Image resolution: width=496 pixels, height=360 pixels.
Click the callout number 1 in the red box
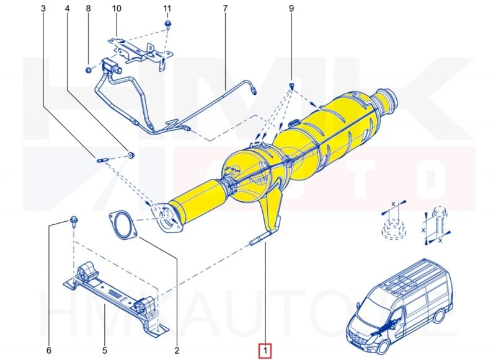coord(265,351)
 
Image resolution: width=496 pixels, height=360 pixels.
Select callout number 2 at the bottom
coord(177,351)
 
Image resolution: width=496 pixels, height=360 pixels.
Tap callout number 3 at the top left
coord(43,8)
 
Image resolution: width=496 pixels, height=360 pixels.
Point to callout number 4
coord(66,8)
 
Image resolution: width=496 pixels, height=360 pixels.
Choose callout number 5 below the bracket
coord(105,351)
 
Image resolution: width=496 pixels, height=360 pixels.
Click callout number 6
coord(48,351)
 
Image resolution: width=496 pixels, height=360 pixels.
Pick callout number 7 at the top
coord(225,8)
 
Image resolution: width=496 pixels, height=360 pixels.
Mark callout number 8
coord(88,8)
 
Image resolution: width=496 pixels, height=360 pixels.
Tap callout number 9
coord(291,8)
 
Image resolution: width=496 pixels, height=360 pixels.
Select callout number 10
coord(117,8)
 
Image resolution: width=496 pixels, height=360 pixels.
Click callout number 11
coord(167,8)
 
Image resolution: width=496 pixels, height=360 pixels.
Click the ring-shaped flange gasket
coord(123,224)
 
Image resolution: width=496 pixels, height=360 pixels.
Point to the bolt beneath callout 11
coord(168,24)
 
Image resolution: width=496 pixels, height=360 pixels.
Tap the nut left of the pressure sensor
coord(89,69)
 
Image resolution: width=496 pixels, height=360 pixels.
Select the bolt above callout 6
coord(73,220)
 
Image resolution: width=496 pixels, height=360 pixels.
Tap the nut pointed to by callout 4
coord(131,153)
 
